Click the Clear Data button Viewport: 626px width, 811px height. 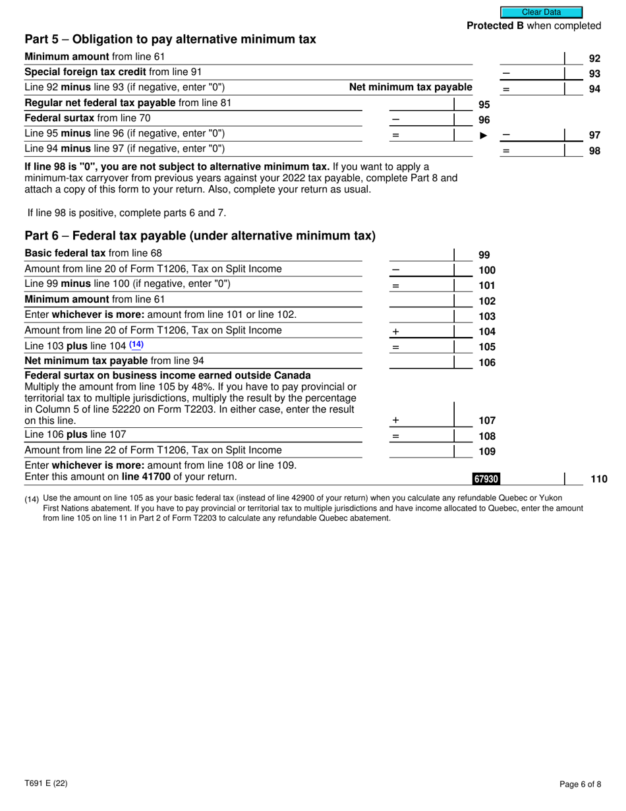click(x=541, y=12)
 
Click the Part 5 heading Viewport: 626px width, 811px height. click(x=170, y=40)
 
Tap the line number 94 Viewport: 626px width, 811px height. click(x=594, y=89)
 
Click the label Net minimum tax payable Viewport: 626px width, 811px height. click(x=411, y=87)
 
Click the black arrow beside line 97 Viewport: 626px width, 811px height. click(x=484, y=135)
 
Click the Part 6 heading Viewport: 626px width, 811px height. click(x=200, y=236)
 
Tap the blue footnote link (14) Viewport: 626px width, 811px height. click(x=136, y=344)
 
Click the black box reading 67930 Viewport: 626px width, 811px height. click(x=485, y=479)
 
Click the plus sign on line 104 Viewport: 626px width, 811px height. click(x=395, y=332)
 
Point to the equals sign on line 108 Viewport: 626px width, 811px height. click(x=395, y=436)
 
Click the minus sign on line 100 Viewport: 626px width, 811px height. click(x=395, y=270)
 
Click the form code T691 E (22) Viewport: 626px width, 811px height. click(x=45, y=784)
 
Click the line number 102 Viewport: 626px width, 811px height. click(x=486, y=301)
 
